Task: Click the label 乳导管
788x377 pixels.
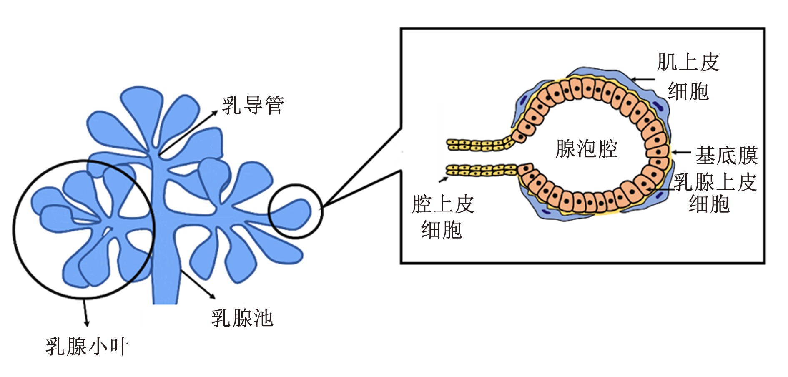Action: point(253,106)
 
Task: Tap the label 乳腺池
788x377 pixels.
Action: point(242,318)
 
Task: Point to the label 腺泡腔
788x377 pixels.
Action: point(587,149)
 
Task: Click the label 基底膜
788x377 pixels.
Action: point(726,156)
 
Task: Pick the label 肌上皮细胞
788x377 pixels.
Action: point(688,77)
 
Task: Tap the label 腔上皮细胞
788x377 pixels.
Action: point(443,216)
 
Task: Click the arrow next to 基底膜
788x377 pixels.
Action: point(681,153)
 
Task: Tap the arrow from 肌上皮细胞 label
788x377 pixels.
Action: point(642,79)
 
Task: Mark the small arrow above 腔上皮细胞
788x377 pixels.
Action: point(443,180)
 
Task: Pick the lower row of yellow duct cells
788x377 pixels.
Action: point(482,170)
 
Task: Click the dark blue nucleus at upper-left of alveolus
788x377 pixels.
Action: point(522,100)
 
